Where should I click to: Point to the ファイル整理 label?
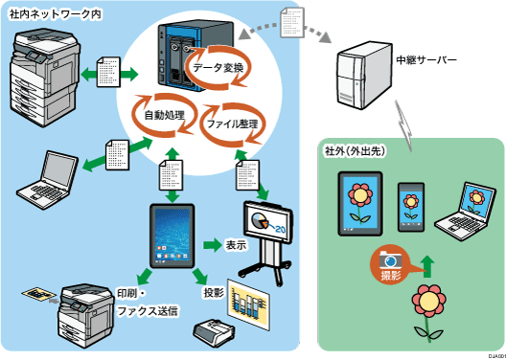pyautogui.click(x=233, y=124)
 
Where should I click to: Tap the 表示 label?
pyautogui.click(x=236, y=244)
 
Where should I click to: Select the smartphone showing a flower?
pyautogui.click(x=411, y=205)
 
